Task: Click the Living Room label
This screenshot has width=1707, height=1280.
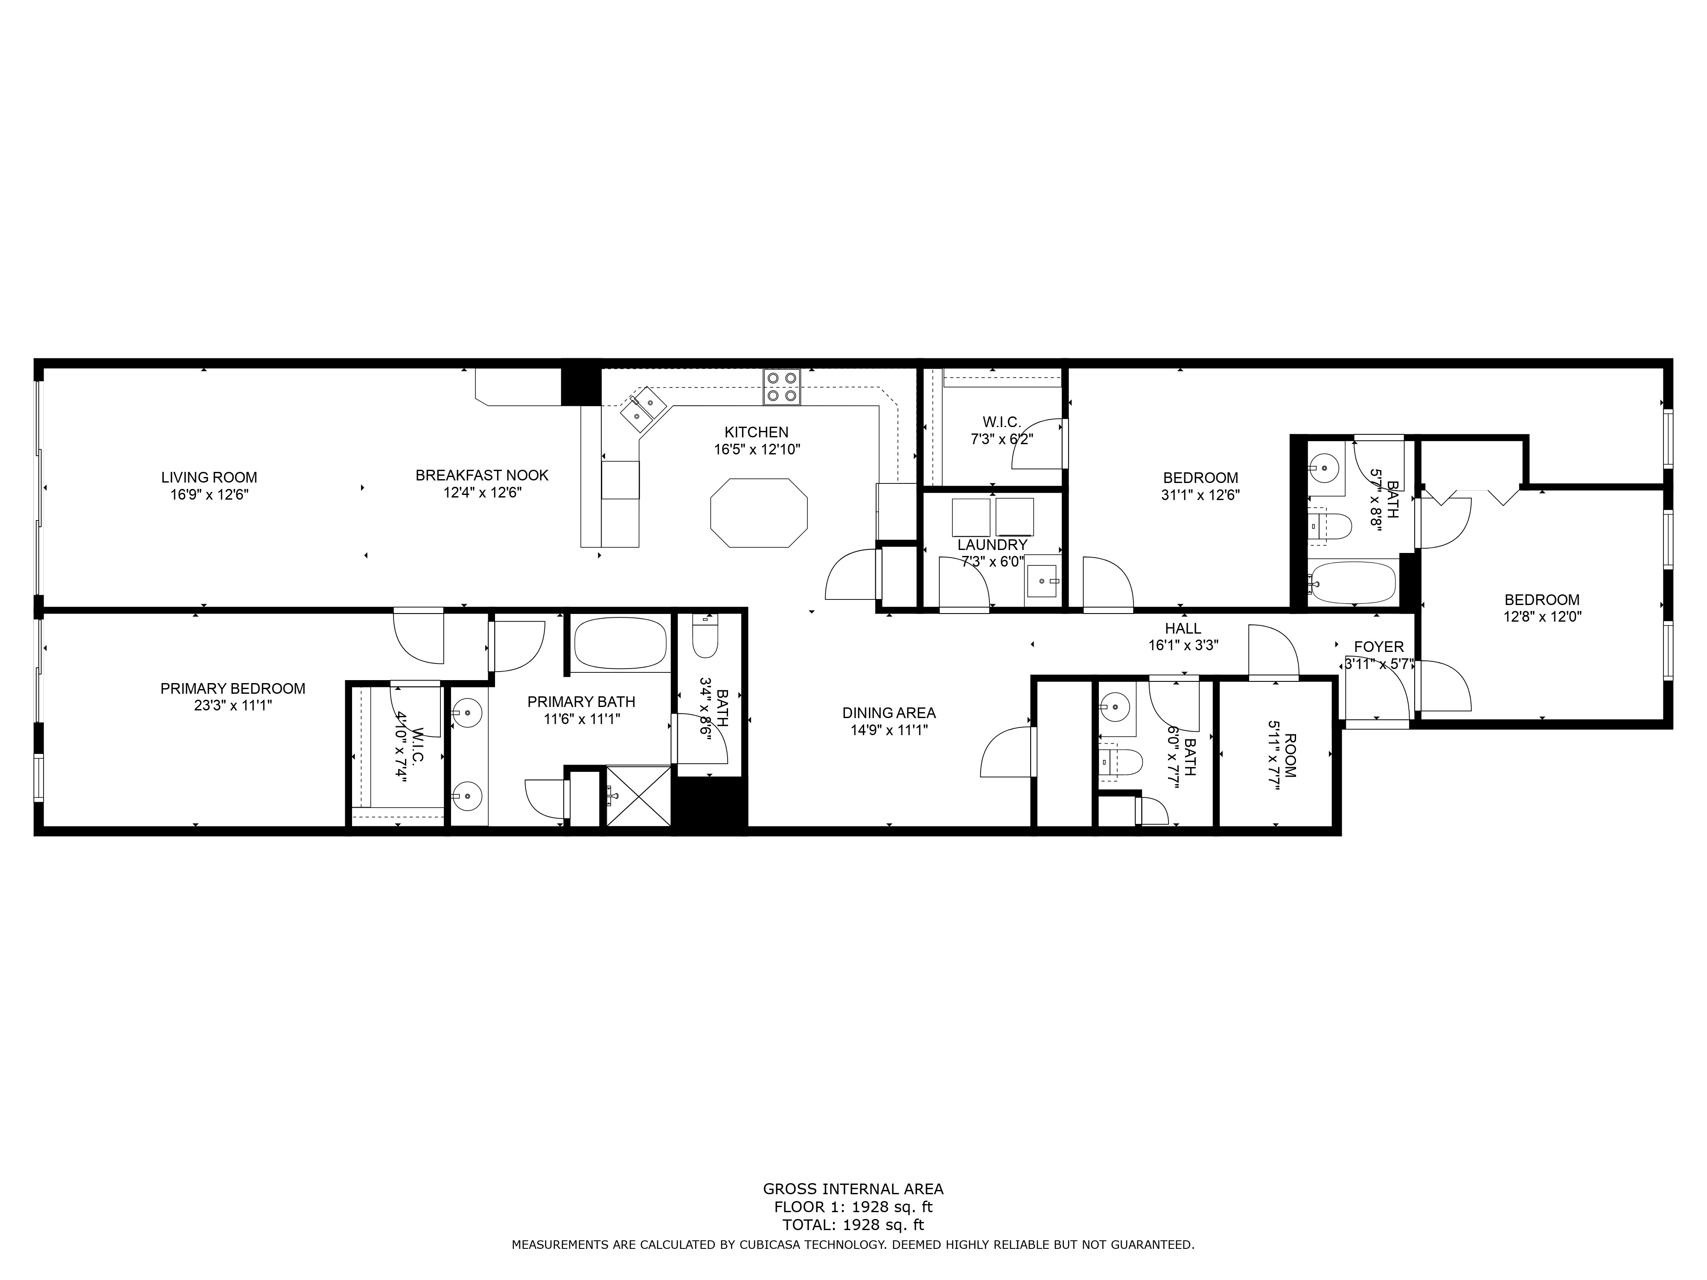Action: coord(209,477)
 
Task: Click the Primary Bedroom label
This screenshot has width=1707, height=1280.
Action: coord(233,688)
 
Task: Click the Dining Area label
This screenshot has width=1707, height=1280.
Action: coord(889,713)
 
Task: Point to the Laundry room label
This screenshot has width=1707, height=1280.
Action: coord(992,545)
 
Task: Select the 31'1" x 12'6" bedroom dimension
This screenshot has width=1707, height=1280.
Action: coord(1200,495)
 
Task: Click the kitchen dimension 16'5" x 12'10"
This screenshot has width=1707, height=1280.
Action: coord(757,449)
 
